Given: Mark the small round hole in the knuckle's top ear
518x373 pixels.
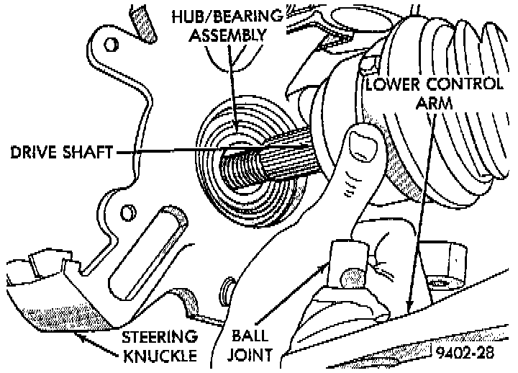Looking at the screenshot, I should [x=109, y=45].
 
